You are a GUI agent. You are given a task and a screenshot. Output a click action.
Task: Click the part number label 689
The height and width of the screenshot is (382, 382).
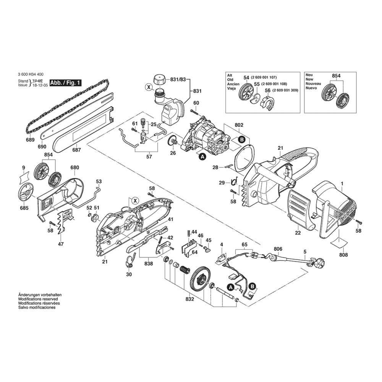31,140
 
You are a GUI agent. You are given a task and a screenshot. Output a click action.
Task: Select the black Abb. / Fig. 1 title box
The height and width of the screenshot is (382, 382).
65,83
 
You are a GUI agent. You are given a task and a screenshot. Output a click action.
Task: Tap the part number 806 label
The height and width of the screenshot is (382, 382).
278,249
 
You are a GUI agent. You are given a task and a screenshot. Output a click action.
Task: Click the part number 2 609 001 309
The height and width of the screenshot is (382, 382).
285,90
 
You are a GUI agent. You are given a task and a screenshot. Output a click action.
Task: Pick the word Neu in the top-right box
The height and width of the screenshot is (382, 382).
309,75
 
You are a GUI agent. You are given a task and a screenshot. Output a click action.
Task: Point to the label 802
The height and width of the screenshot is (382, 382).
239,125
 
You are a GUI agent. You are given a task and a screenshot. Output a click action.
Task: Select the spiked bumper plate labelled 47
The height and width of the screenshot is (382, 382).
64,221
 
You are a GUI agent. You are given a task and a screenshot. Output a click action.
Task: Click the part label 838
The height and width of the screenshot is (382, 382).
149,264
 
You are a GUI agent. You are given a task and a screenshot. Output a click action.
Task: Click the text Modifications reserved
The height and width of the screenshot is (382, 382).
38,299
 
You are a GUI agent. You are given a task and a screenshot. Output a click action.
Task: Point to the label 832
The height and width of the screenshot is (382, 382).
189,299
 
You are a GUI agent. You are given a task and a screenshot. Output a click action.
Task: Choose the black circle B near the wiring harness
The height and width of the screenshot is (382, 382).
253,286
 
